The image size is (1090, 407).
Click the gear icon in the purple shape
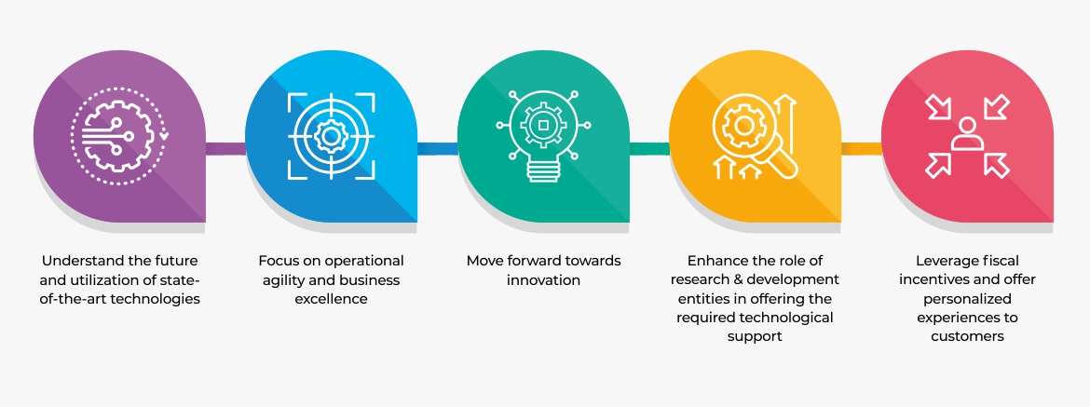[118, 136]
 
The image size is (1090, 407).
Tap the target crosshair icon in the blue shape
[332, 136]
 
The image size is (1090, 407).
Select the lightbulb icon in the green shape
[544, 135]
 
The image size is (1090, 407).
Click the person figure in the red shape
[967, 135]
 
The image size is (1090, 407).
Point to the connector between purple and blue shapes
[225, 148]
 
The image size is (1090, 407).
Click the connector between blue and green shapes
[437, 148]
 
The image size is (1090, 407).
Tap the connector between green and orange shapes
[649, 148]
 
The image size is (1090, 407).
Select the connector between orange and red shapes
[862, 148]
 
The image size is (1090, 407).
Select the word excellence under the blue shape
[331, 299]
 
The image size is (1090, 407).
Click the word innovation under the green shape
[543, 280]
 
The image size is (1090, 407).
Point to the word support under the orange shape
[755, 337]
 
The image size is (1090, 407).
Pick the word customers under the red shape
[968, 337]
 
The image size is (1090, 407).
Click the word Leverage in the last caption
[943, 261]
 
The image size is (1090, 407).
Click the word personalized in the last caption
[968, 299]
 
